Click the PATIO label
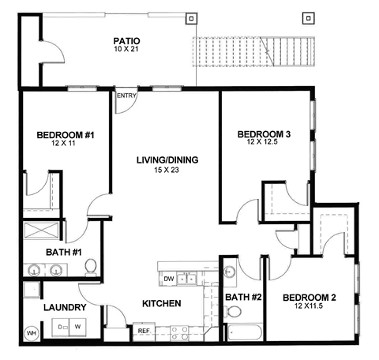pyautogui.click(x=126, y=40)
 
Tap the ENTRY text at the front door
pyautogui.click(x=126, y=96)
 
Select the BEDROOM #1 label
pyautogui.click(x=66, y=136)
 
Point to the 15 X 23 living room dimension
pyautogui.click(x=167, y=171)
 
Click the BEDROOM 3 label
pyautogui.click(x=265, y=135)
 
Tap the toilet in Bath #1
pyautogui.click(x=90, y=268)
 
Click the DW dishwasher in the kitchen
pyautogui.click(x=168, y=279)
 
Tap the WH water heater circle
pyautogui.click(x=32, y=332)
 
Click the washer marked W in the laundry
pyautogui.click(x=77, y=325)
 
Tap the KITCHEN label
pyautogui.click(x=161, y=304)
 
